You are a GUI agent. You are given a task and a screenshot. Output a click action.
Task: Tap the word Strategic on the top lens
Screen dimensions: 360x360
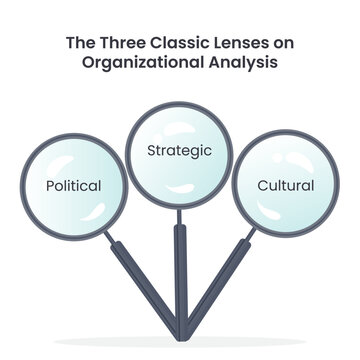click(x=180, y=151)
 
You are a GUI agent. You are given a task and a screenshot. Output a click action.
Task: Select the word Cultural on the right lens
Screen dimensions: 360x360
click(x=286, y=186)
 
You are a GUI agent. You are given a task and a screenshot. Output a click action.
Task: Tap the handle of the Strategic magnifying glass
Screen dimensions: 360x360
click(x=180, y=270)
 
